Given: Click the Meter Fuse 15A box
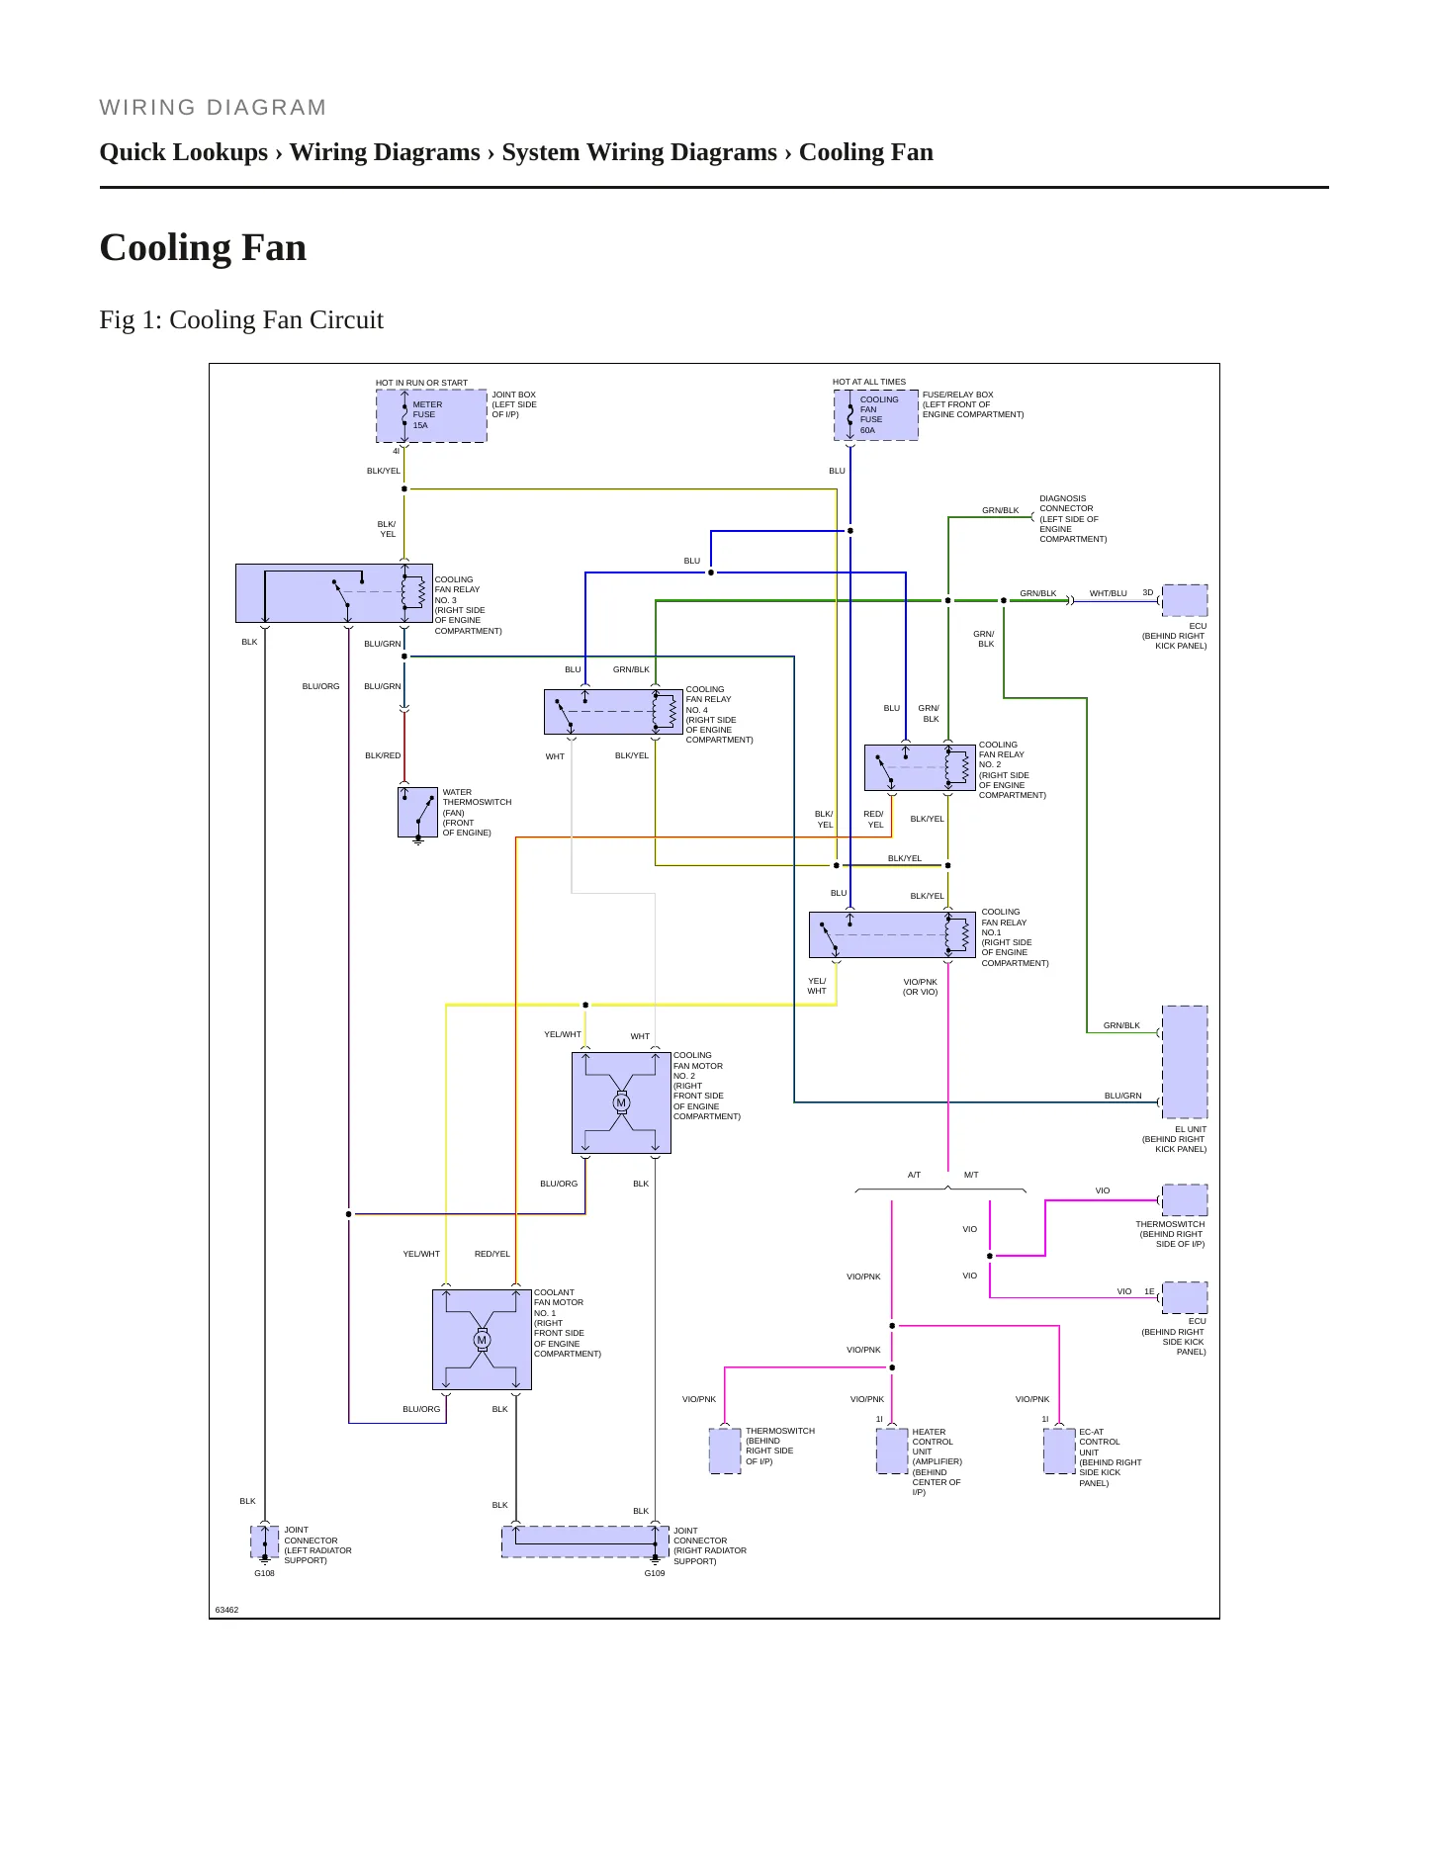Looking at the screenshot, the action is pyautogui.click(x=431, y=415).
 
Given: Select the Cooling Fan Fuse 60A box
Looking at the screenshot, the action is pyautogui.click(x=876, y=414).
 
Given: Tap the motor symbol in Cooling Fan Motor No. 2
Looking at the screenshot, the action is pyautogui.click(x=621, y=1102).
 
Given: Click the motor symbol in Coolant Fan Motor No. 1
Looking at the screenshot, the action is pyautogui.click(x=482, y=1340).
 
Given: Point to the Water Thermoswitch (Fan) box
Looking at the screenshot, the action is pyautogui.click(x=417, y=813).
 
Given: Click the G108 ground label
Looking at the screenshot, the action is pyautogui.click(x=264, y=1573).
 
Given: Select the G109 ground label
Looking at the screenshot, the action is pyautogui.click(x=655, y=1573).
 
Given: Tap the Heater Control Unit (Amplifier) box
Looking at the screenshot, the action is pyautogui.click(x=892, y=1451).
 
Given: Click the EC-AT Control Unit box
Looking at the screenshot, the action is pyautogui.click(x=1059, y=1451).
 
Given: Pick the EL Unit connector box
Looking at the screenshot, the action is pyautogui.click(x=1185, y=1062).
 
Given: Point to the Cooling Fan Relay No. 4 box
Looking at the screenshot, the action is pyautogui.click(x=613, y=712).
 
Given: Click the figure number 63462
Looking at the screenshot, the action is pyautogui.click(x=227, y=1610).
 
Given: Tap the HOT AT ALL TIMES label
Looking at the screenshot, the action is pyautogui.click(x=869, y=382).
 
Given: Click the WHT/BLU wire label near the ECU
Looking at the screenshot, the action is pyautogui.click(x=1109, y=593).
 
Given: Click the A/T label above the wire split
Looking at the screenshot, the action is pyautogui.click(x=914, y=1175).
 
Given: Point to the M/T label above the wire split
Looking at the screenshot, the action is pyautogui.click(x=971, y=1175).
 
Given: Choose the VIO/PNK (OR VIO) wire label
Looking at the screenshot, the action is pyautogui.click(x=921, y=987).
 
